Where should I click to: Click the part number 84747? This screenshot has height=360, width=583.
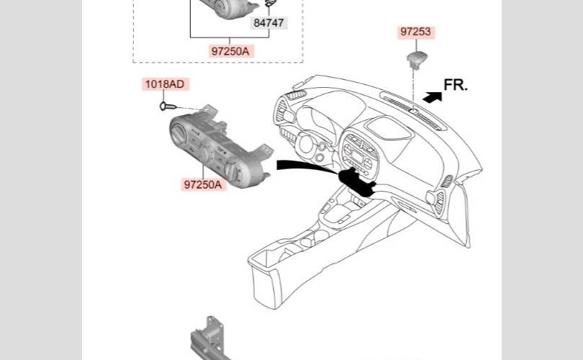pyautogui.click(x=268, y=23)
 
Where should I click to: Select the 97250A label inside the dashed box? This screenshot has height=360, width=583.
pyautogui.click(x=230, y=51)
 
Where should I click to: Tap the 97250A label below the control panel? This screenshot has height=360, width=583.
pyautogui.click(x=203, y=184)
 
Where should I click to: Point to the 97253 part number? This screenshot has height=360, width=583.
pyautogui.click(x=416, y=32)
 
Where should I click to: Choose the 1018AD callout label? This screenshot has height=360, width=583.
pyautogui.click(x=165, y=84)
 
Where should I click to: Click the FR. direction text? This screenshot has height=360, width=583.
pyautogui.click(x=456, y=85)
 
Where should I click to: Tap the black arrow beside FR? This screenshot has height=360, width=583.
pyautogui.click(x=433, y=97)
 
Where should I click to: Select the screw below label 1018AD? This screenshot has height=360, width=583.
pyautogui.click(x=168, y=107)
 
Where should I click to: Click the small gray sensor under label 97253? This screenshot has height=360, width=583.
pyautogui.click(x=417, y=60)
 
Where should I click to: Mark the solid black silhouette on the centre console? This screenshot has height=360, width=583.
pyautogui.click(x=357, y=181)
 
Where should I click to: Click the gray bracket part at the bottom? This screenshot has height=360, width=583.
pyautogui.click(x=209, y=339)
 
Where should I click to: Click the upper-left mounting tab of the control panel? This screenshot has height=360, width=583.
pyautogui.click(x=210, y=109)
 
